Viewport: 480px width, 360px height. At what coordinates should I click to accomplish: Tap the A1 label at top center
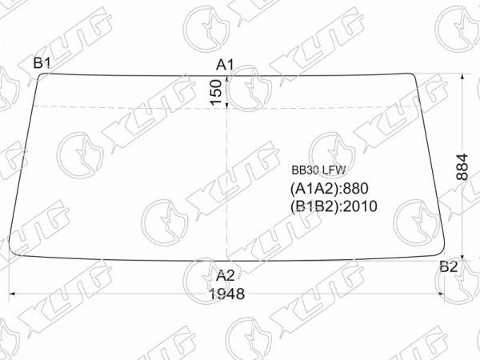coord(225,65)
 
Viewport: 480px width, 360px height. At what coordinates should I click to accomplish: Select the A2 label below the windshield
coord(225,276)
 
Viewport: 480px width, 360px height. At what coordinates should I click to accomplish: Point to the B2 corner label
coord(449,266)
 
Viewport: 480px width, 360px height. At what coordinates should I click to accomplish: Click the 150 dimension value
coord(216,93)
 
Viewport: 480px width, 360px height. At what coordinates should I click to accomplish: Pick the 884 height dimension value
coord(462,167)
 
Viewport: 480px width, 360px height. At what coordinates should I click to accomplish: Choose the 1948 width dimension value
coord(226,294)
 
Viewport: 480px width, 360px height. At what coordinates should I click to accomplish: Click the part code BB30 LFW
coord(318,170)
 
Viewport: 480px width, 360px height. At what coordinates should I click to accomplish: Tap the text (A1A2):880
coord(329,189)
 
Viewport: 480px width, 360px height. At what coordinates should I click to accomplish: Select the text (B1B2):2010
coord(334,206)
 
